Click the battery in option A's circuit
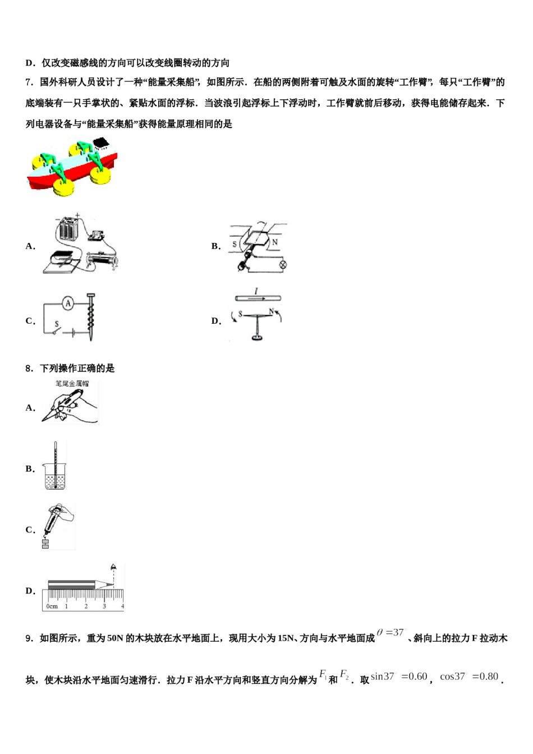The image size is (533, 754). (69, 229)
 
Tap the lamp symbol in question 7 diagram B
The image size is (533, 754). (283, 264)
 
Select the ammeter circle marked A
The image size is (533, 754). (68, 304)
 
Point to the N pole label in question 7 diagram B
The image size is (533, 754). (275, 242)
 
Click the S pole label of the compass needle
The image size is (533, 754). (240, 314)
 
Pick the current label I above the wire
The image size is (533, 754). (256, 291)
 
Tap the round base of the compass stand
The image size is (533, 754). (257, 338)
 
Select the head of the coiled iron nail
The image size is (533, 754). (91, 295)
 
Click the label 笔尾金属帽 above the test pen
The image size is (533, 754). (72, 384)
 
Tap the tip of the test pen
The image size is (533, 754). (44, 419)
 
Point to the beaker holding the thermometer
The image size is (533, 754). (56, 477)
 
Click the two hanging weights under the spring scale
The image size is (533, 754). (45, 543)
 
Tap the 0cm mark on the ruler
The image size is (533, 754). (51, 606)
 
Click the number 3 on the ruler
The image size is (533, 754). (104, 606)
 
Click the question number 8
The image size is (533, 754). (29, 369)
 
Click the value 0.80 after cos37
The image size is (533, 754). (486, 677)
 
